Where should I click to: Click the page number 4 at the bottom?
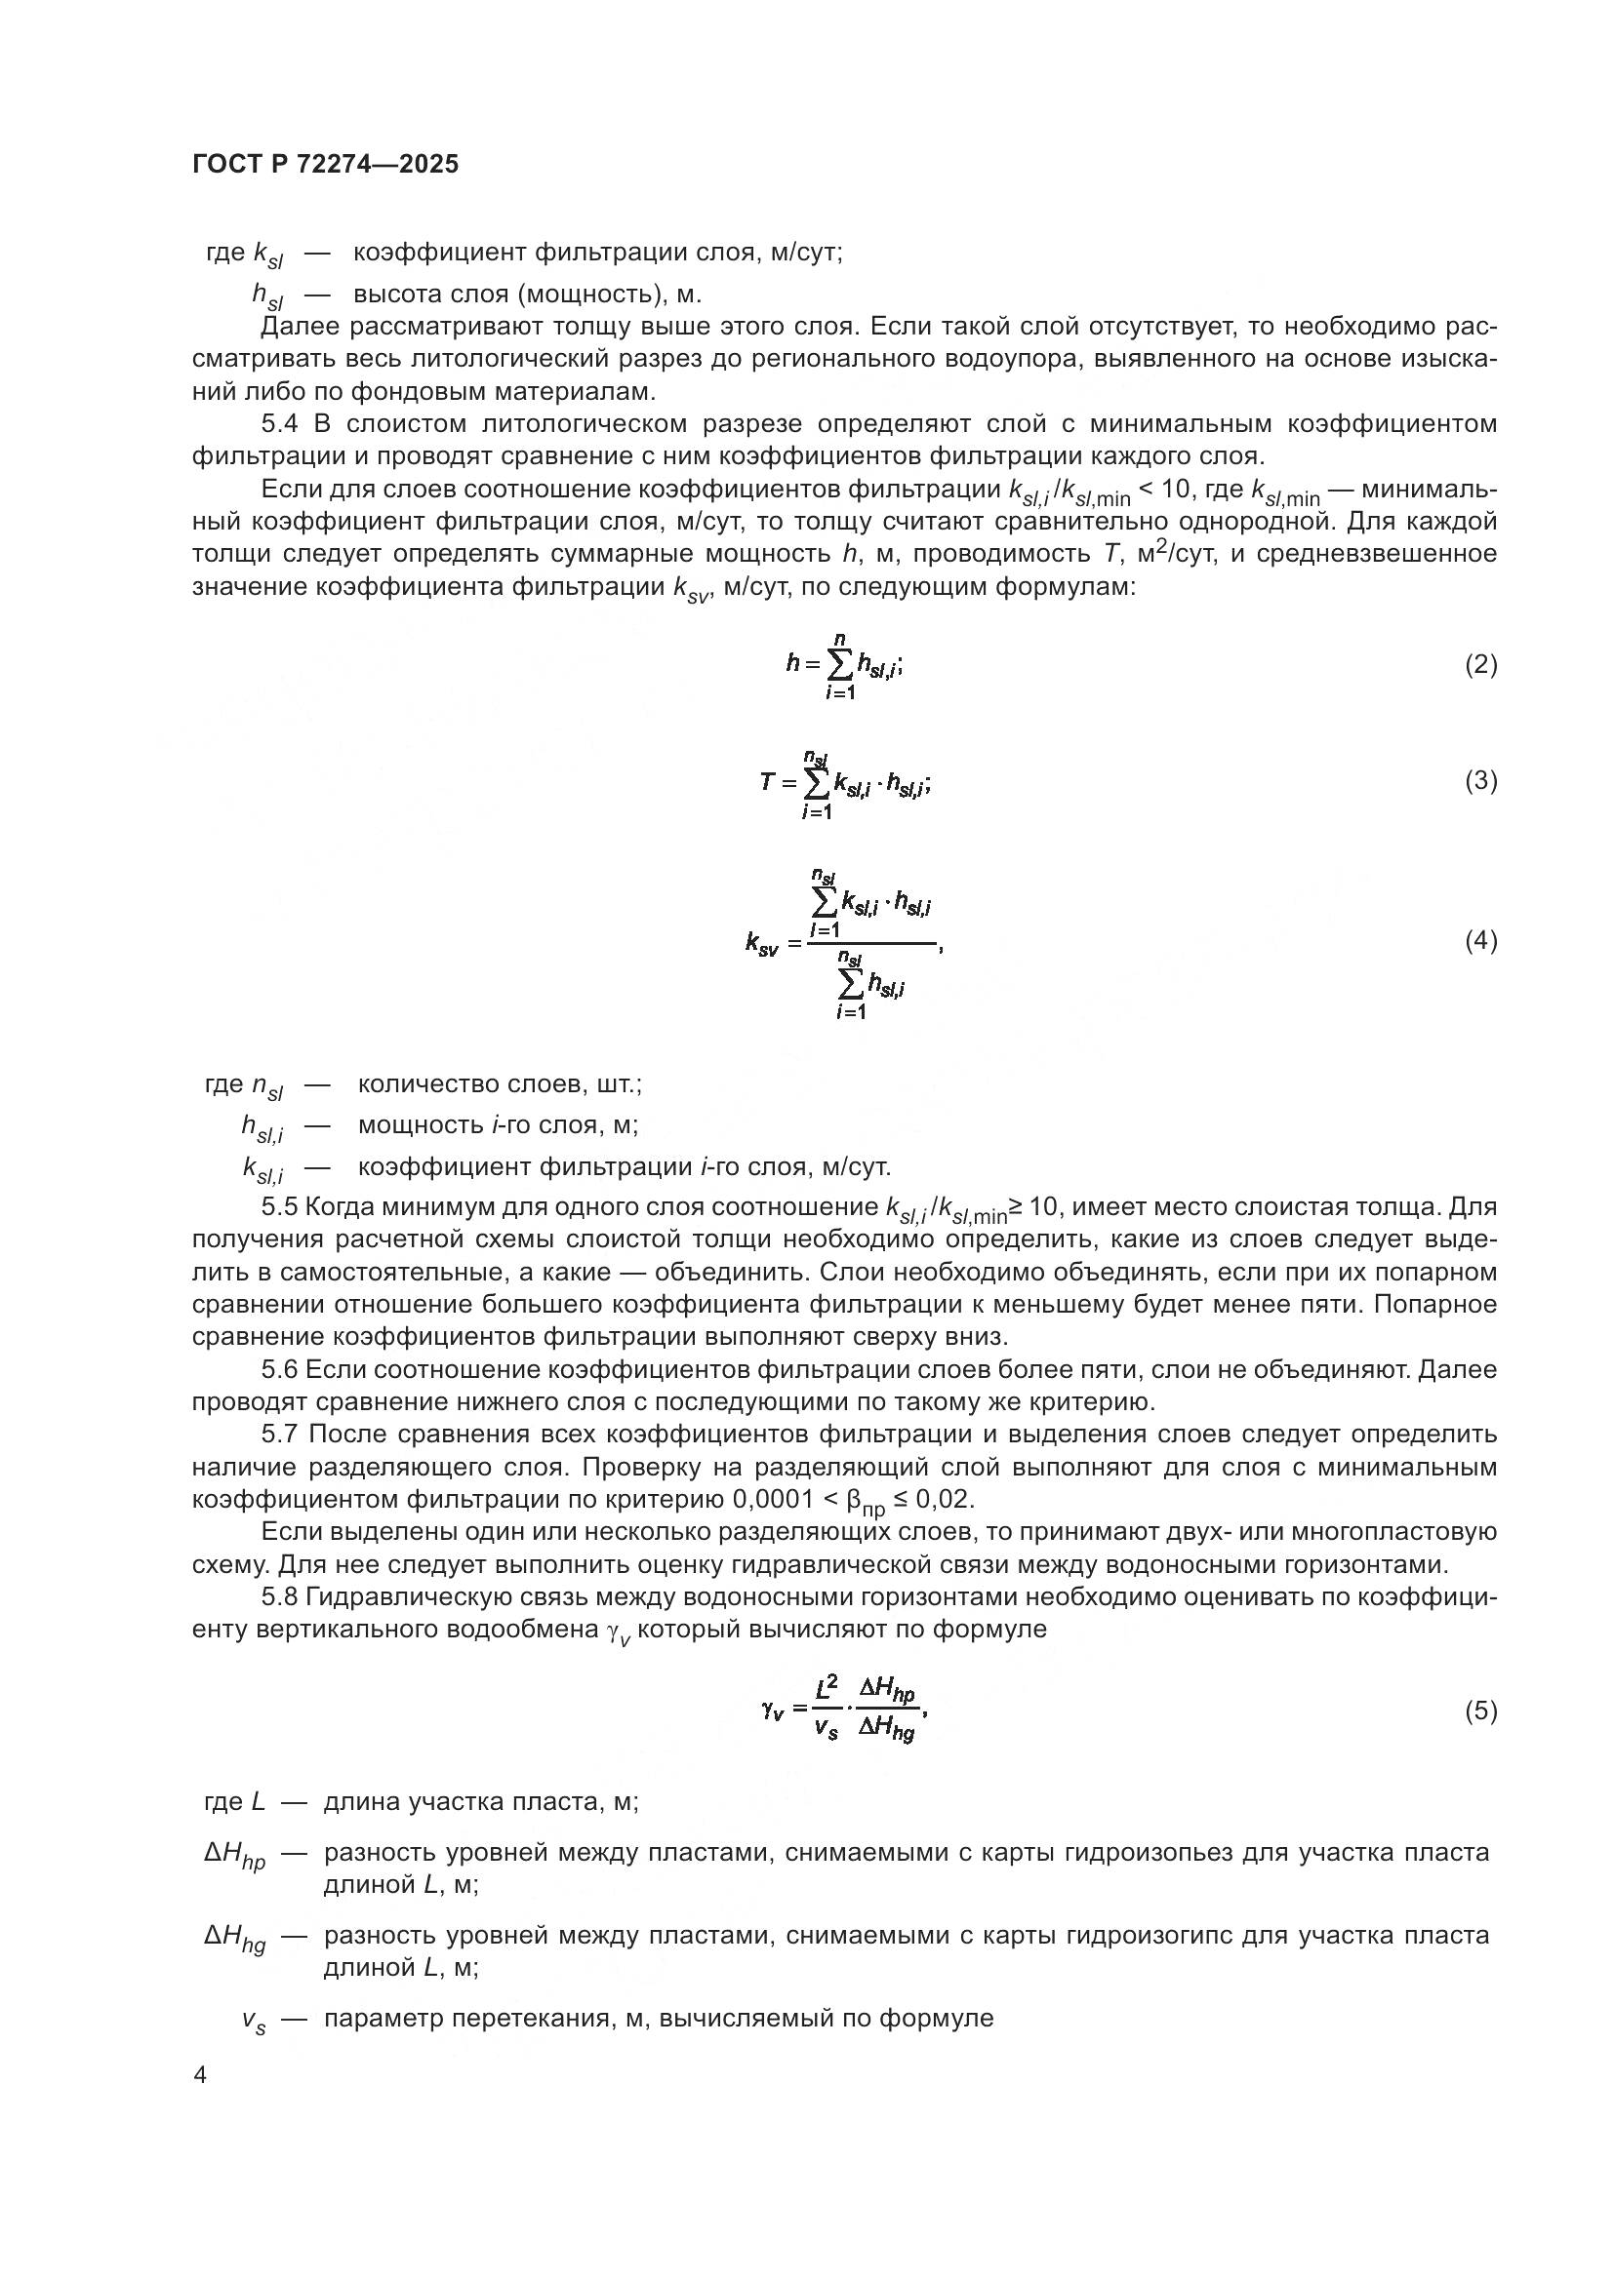point(200,2075)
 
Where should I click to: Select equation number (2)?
point(1481,665)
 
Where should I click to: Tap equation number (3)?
point(1481,781)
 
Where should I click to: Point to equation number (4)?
point(1481,941)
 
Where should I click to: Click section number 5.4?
point(279,424)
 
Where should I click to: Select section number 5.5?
point(279,1207)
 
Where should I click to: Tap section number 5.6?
point(279,1370)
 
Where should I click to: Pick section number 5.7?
point(279,1435)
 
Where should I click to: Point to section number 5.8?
point(279,1596)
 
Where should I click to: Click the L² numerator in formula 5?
point(827,1686)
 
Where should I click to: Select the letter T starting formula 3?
point(766,782)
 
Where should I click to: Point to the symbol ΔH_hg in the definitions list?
point(235,1938)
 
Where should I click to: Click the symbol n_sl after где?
point(266,1085)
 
